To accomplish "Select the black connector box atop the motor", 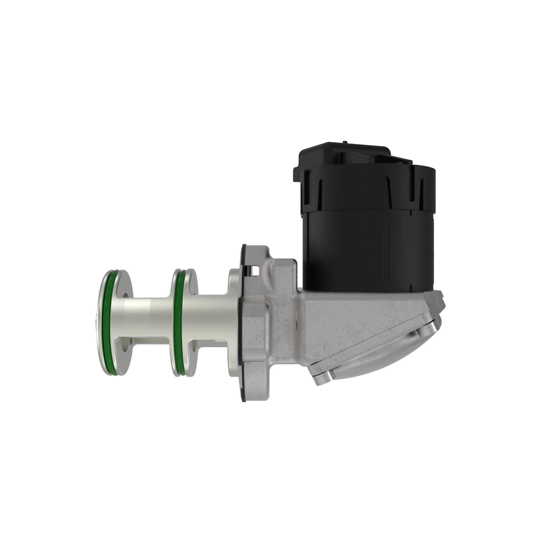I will pyautogui.click(x=345, y=156).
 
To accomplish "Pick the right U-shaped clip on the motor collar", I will pyautogui.click(x=417, y=192).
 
